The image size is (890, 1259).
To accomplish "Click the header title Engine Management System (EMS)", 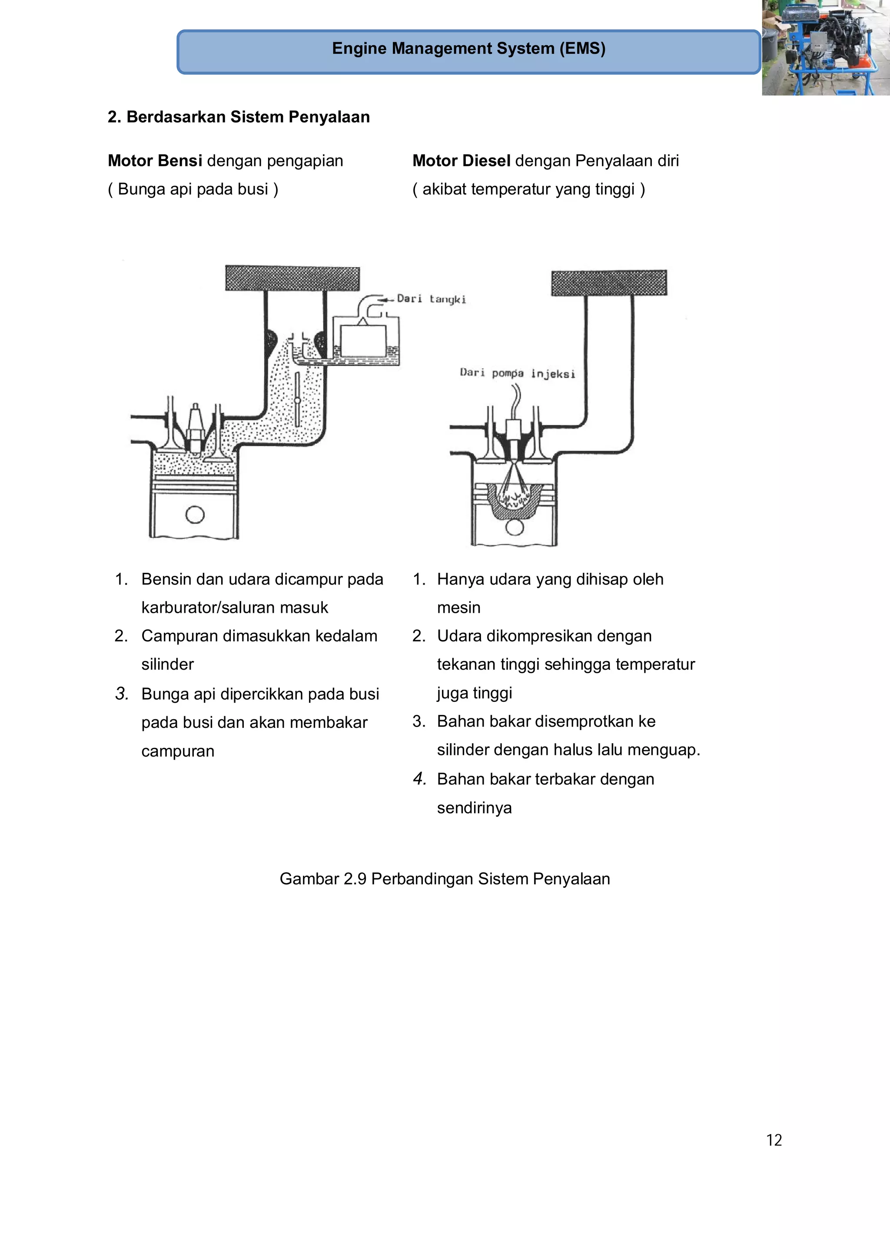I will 468,49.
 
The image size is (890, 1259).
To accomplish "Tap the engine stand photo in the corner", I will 825,48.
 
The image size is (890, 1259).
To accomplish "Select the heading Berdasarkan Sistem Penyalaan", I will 239,117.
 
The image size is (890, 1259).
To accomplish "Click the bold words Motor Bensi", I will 155,161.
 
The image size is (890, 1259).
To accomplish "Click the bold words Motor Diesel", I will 461,161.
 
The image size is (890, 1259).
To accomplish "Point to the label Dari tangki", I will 431,299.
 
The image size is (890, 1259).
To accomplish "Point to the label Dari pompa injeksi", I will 517,373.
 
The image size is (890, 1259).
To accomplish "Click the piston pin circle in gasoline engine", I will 195,515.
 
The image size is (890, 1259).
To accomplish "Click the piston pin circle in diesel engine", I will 515,527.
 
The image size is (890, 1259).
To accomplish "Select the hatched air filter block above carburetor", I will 292,278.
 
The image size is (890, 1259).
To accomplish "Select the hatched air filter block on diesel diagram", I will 609,283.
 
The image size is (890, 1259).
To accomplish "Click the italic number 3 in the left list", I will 122,694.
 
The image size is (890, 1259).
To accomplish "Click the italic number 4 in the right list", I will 419,779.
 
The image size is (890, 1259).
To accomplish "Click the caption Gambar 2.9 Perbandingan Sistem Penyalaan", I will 445,879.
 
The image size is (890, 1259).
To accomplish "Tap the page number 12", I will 774,1140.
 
